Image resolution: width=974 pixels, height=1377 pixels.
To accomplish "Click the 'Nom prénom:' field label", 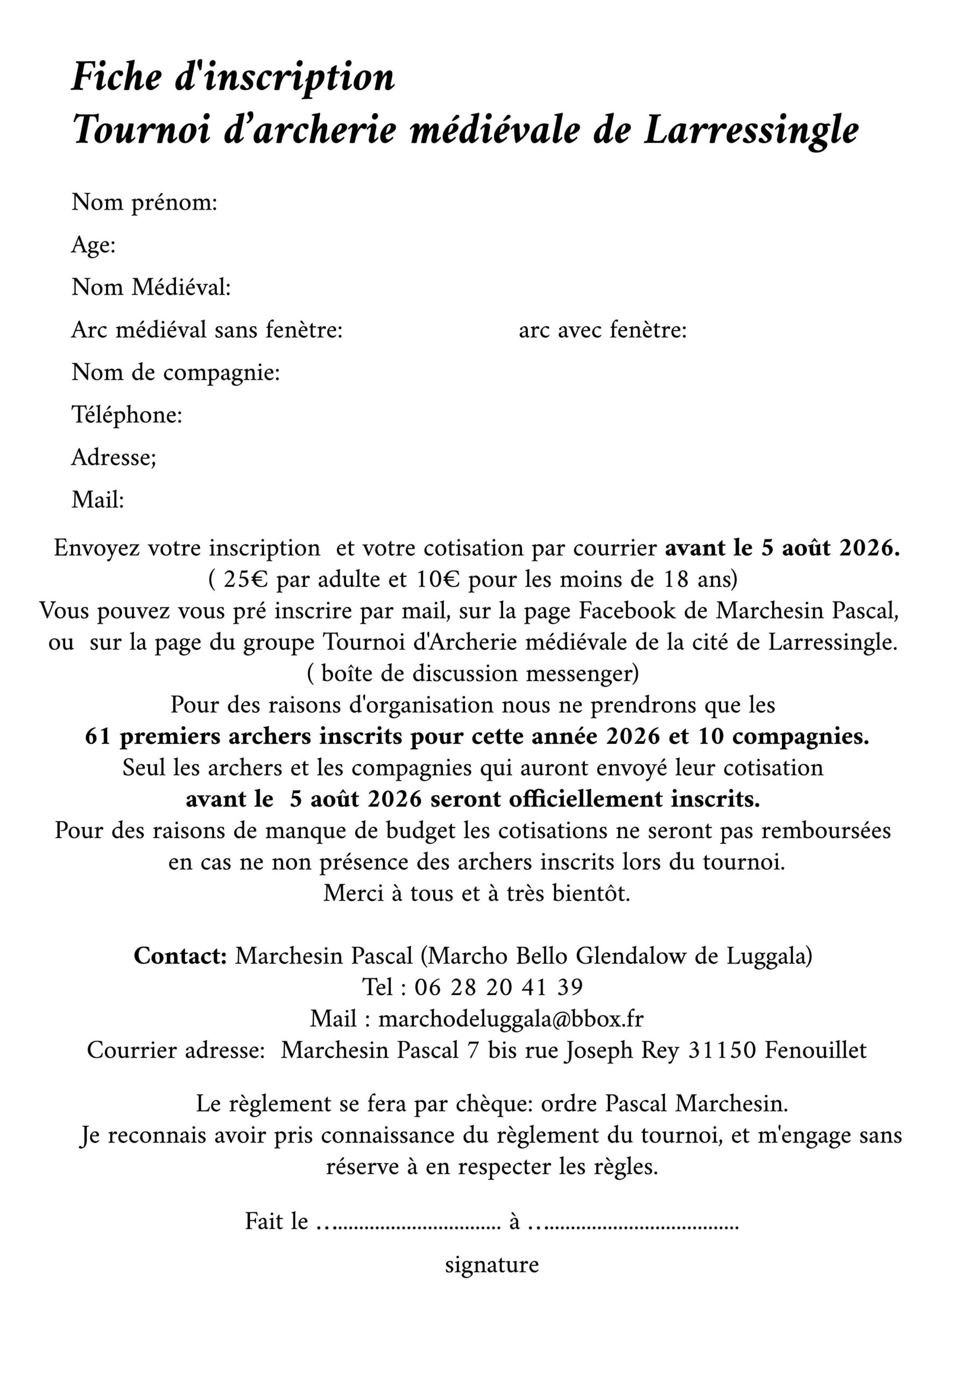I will (x=144, y=203).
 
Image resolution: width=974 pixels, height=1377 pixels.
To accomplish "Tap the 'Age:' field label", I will (x=94, y=245).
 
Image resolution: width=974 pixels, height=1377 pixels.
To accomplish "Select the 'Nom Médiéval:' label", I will (x=151, y=287).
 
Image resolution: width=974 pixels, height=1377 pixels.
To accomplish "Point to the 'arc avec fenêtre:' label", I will (x=603, y=330).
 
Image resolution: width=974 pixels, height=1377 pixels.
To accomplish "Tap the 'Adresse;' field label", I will (x=114, y=458).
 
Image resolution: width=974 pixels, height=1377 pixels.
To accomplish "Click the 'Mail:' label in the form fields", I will (x=98, y=500).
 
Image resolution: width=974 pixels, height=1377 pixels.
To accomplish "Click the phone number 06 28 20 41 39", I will (x=498, y=987).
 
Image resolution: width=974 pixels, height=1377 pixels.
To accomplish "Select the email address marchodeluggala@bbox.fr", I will (x=511, y=1018).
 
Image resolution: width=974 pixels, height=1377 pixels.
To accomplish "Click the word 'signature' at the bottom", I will (x=491, y=1266).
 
